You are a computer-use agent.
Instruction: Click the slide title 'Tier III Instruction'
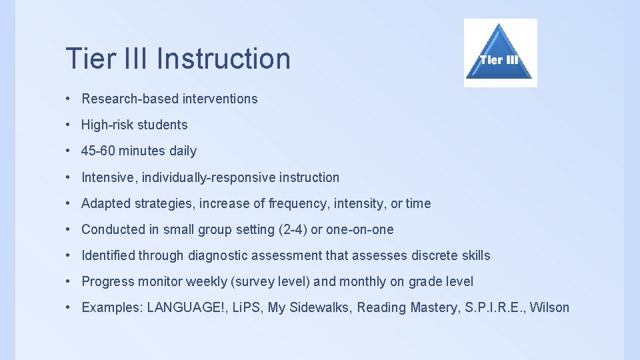click(x=178, y=59)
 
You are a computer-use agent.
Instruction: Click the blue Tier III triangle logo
click(x=500, y=53)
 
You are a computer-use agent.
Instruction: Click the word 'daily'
click(x=183, y=151)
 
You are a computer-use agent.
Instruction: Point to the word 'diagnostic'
click(x=218, y=255)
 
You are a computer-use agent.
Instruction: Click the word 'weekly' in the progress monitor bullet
click(x=206, y=281)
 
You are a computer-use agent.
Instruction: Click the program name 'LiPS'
click(x=245, y=307)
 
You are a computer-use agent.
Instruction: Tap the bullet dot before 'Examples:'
click(x=69, y=307)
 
